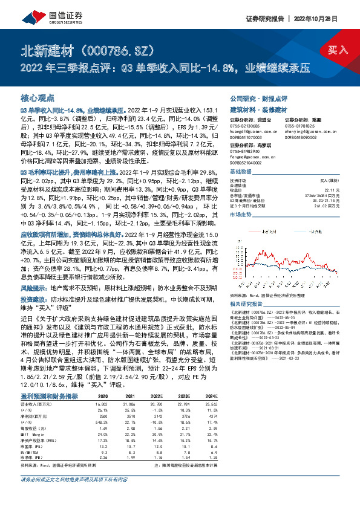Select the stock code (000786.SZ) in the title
click(x=120, y=49)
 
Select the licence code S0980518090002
click(x=307, y=137)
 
